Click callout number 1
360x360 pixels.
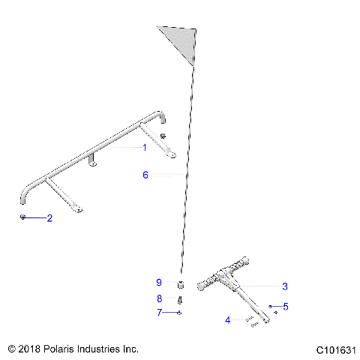[145, 148]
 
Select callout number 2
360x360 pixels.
[49, 219]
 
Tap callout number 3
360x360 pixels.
[285, 286]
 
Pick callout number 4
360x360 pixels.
[228, 320]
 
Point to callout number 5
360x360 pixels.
[285, 306]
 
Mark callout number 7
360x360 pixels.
[159, 312]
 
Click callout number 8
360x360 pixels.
[159, 298]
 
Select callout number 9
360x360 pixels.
[159, 283]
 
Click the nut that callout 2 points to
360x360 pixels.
[24, 217]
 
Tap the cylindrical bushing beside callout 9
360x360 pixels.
[181, 285]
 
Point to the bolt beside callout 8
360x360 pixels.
[181, 300]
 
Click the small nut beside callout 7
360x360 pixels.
[181, 312]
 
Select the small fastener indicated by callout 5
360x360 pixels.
[270, 306]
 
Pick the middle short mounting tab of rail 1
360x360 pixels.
[94, 162]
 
